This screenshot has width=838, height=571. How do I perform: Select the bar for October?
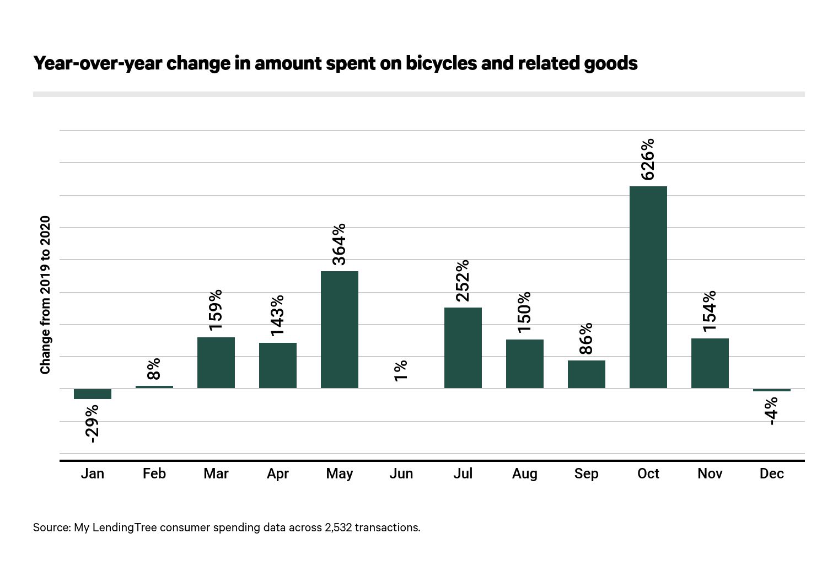click(x=648, y=287)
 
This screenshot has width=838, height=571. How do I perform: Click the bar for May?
click(x=339, y=330)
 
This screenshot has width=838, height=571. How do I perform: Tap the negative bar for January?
click(x=92, y=394)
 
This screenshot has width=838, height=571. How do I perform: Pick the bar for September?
click(x=586, y=374)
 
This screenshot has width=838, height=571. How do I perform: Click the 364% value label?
click(x=339, y=244)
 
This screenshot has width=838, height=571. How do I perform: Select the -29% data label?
click(x=92, y=423)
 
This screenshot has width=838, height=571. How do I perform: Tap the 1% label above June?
click(x=401, y=370)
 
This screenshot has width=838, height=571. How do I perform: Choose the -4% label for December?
click(x=771, y=411)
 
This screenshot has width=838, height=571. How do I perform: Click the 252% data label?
click(x=463, y=281)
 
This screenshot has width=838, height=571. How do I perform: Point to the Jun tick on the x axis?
click(x=401, y=473)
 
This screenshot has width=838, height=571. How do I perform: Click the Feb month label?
click(x=154, y=473)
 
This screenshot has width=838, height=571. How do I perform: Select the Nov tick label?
click(x=710, y=473)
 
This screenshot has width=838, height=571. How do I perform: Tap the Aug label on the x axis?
click(x=524, y=473)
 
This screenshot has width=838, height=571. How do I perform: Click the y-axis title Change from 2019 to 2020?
click(x=45, y=295)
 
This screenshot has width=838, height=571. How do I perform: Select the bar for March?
click(x=216, y=363)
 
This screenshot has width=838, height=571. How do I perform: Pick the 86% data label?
click(x=586, y=338)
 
